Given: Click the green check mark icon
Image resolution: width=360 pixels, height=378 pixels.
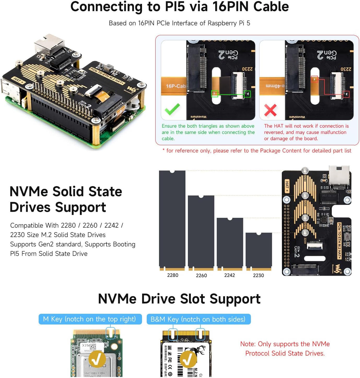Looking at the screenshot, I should (172, 109).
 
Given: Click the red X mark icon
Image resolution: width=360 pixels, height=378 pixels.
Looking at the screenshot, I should (270, 110).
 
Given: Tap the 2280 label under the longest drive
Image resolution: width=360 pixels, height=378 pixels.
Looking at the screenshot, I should (173, 275).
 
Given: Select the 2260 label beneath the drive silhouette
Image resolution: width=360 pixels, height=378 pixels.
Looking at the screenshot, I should (201, 275).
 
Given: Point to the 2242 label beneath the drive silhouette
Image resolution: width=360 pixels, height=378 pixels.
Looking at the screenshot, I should (229, 275).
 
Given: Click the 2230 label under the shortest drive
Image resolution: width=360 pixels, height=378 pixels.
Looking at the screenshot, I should (258, 275).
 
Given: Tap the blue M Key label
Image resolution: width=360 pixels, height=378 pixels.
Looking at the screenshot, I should (90, 319).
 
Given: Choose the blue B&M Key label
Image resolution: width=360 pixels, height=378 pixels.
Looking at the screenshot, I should (198, 319).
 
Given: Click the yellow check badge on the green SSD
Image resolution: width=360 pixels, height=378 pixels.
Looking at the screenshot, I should (97, 359).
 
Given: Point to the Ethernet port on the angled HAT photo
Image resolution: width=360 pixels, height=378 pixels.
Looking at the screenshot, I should (49, 44).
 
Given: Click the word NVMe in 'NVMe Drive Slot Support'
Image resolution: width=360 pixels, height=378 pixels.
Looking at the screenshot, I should (117, 299).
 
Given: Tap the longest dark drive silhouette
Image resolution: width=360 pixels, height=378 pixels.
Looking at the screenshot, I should (172, 219).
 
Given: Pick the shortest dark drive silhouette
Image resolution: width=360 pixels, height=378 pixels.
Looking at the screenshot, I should (258, 251).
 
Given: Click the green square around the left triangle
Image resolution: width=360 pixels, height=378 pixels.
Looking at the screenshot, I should (215, 94).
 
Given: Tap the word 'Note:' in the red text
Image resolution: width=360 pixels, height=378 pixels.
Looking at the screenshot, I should (248, 344).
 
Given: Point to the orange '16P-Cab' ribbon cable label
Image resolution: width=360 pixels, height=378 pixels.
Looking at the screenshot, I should (175, 86).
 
